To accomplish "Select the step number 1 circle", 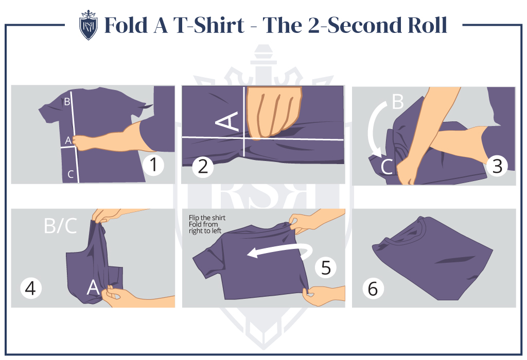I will click(x=153, y=165).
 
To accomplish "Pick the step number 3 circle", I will click(x=497, y=166).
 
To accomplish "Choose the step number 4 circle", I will click(x=30, y=289).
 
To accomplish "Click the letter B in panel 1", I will click(x=67, y=101).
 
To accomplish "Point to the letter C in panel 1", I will click(x=71, y=175).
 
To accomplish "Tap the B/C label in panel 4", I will click(x=60, y=226).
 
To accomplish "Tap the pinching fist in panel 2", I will click(x=273, y=111).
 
